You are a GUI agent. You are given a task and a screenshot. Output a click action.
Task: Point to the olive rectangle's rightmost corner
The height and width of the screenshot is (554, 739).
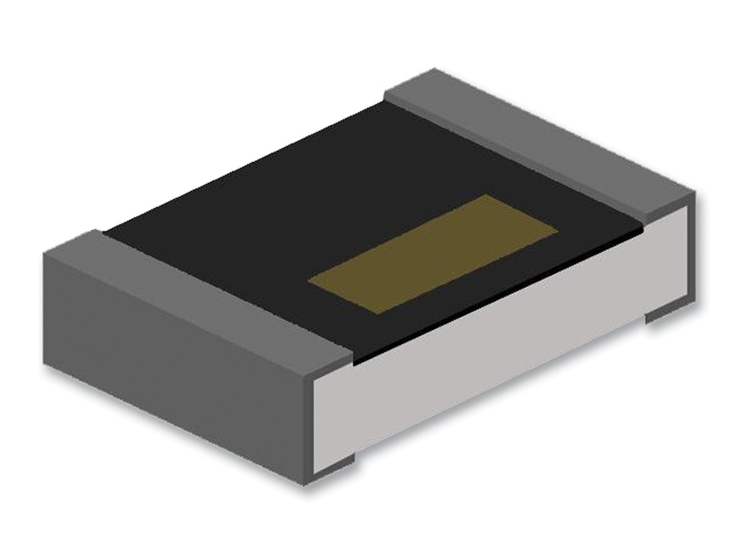pyautogui.click(x=558, y=229)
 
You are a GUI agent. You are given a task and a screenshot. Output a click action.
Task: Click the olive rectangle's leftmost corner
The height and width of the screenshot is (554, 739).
pyautogui.click(x=308, y=281)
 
